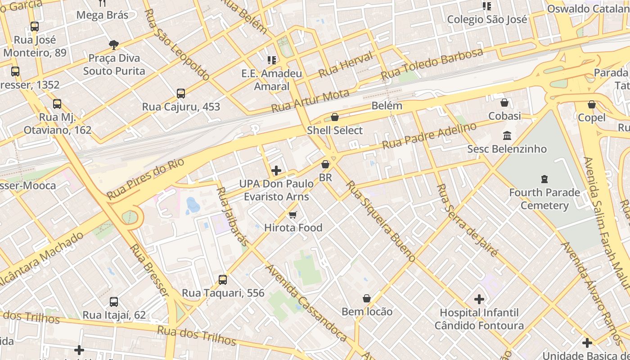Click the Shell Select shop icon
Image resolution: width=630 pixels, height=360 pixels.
point(335,117)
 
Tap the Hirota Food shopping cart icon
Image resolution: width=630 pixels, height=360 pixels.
point(293,215)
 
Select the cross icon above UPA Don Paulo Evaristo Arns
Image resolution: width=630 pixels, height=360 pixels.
point(276,171)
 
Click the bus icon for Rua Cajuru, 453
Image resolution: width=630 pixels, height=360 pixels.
point(181,94)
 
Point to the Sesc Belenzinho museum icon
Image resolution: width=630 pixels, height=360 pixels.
point(507,135)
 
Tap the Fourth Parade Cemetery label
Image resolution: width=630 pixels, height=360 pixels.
point(544,199)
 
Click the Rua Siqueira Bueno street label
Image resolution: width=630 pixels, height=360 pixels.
point(381,221)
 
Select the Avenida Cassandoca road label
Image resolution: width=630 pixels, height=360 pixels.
point(306,302)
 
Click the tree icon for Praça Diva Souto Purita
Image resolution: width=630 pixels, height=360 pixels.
point(114,45)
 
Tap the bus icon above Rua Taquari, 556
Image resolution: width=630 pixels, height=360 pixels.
point(223,280)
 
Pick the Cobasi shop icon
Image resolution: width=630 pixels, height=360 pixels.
point(504,103)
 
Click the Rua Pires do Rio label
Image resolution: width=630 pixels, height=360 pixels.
point(146,179)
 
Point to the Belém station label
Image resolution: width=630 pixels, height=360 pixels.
point(387,106)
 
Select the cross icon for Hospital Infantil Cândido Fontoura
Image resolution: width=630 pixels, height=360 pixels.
point(479,299)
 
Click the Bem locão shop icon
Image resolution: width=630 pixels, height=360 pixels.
point(367,298)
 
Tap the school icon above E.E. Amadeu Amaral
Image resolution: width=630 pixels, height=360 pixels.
point(271,60)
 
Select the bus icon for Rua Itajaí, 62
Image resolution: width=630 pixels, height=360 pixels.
point(114,302)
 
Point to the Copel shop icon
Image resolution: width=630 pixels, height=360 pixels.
point(592,104)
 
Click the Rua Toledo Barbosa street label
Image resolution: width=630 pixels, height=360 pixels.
point(432,63)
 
